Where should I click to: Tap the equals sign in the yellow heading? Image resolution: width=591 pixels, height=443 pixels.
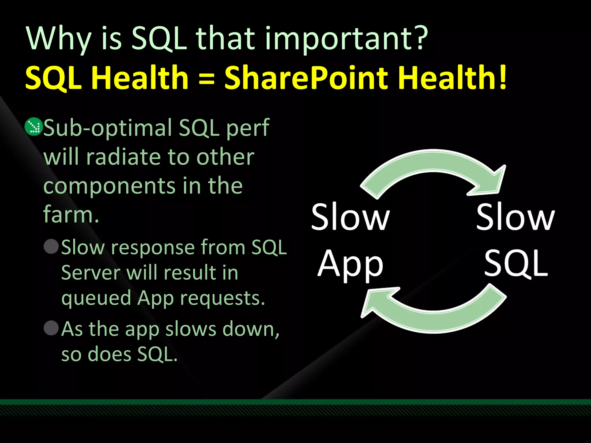point(207,78)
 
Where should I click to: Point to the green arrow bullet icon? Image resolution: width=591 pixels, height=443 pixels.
point(33,127)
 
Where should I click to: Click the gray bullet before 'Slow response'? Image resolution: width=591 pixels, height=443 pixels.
point(51,247)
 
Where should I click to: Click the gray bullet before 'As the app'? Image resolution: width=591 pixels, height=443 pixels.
point(51,328)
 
